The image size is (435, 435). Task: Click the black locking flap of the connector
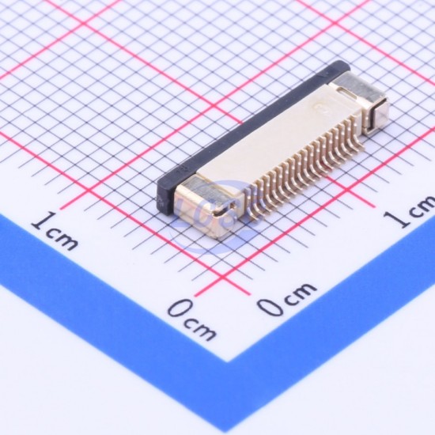coord(250,133)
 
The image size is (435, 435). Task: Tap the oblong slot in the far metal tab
coord(345,91)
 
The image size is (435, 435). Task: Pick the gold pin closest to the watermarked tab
coord(251,206)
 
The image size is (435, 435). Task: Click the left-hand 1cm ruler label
coord(55,231)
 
